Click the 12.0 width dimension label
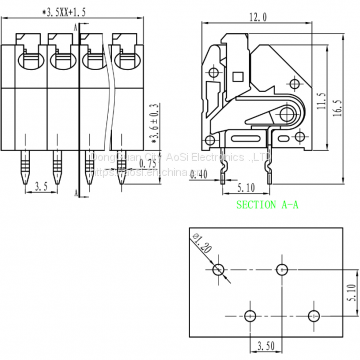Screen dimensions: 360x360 point(257,18)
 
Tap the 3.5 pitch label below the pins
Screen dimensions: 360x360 point(39,187)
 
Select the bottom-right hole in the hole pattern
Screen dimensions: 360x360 point(313,317)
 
